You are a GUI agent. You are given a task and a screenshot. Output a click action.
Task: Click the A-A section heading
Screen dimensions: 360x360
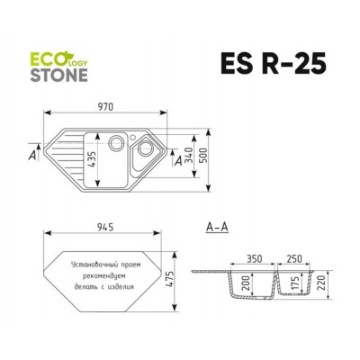coord(217,226)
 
